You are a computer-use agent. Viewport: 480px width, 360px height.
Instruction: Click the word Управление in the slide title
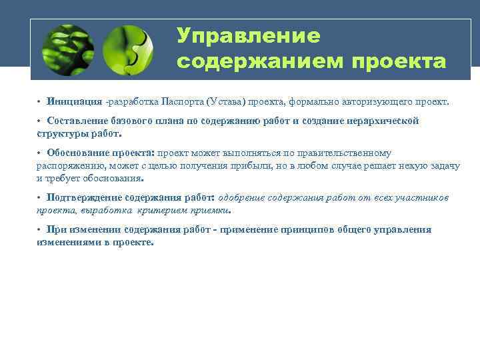tap(248, 36)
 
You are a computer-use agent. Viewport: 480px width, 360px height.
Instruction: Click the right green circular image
tap(129, 50)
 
